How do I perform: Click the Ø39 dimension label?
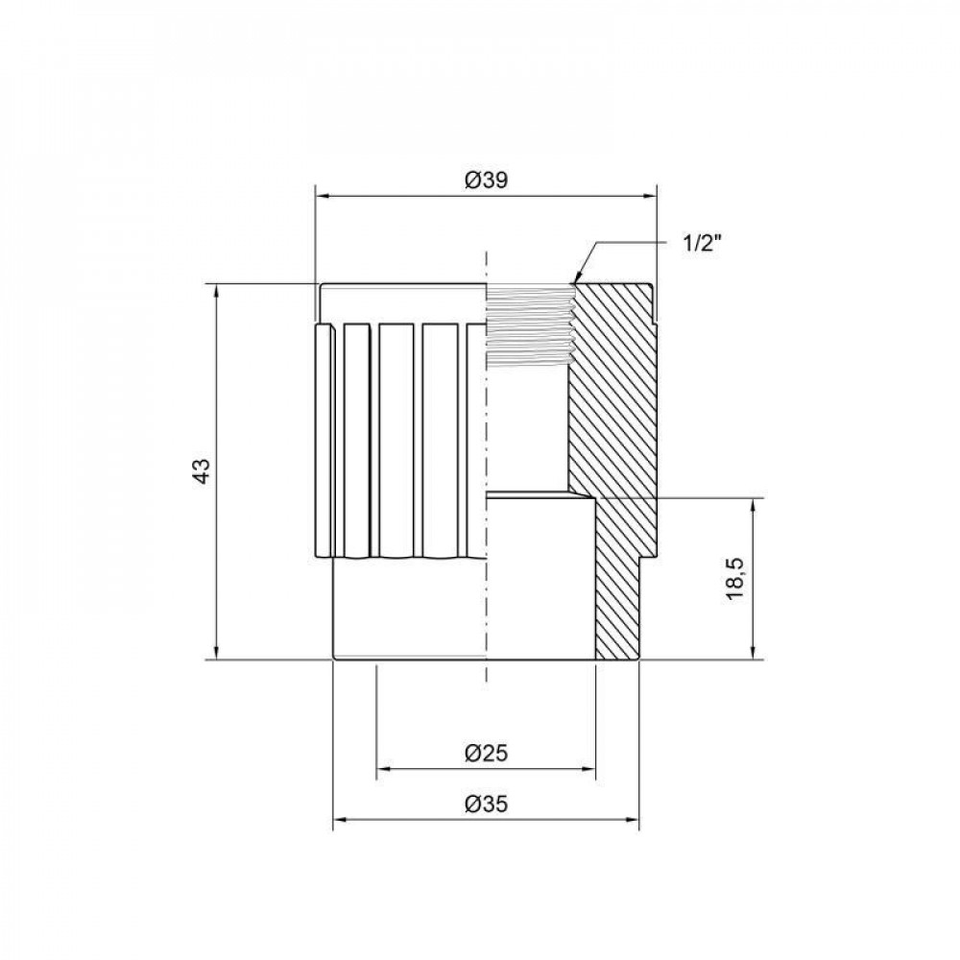pyautogui.click(x=487, y=180)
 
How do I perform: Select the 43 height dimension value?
pyautogui.click(x=201, y=471)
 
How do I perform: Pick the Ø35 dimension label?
pyautogui.click(x=486, y=804)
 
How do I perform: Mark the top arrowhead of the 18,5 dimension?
pyautogui.click(x=754, y=503)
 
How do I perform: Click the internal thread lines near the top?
pyautogui.click(x=528, y=326)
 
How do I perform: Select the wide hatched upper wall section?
pyautogui.click(x=610, y=384)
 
